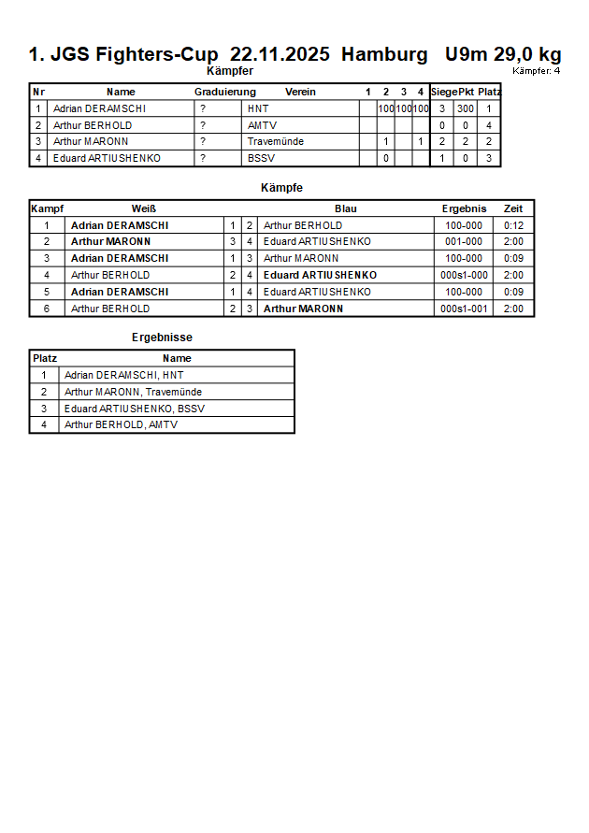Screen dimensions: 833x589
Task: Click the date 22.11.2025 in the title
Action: point(280,54)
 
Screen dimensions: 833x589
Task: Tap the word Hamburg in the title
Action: point(384,54)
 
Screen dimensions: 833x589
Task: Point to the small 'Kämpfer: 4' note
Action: point(536,70)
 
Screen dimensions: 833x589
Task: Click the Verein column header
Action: point(300,92)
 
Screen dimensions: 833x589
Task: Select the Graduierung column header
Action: point(224,92)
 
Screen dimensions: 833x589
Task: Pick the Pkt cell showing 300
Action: point(466,108)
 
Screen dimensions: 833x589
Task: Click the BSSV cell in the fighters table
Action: point(261,159)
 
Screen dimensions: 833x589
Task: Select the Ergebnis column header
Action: point(464,208)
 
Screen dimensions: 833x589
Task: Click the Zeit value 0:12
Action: point(513,225)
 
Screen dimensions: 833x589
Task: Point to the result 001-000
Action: point(464,242)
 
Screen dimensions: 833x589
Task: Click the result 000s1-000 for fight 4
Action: point(464,276)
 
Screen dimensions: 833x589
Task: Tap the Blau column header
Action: point(346,208)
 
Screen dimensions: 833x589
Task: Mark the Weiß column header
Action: point(143,208)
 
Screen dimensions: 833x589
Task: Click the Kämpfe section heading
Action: point(281,188)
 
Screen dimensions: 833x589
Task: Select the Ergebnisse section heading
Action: point(162,338)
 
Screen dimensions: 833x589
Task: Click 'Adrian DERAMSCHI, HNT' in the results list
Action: point(123,375)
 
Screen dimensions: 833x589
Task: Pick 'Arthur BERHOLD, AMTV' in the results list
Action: point(121,425)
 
